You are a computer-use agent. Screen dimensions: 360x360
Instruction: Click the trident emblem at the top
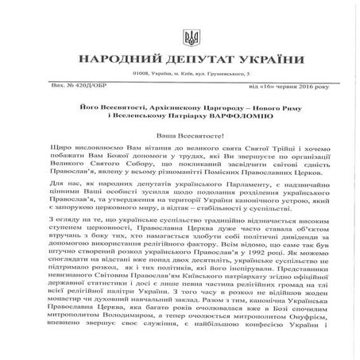point(180,37)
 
